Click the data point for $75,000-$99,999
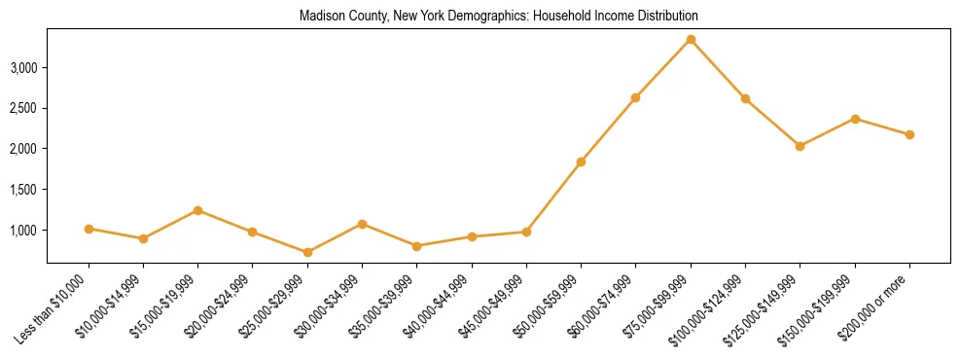coord(691,40)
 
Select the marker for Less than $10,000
coord(89,229)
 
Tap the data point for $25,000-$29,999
coord(307,252)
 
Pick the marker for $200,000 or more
coord(909,134)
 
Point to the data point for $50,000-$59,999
coord(581,162)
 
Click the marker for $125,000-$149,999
coord(800,146)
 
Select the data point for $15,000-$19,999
coord(197,210)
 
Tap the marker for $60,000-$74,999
coord(635,97)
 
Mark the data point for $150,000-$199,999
coord(855,119)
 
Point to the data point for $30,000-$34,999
coord(362,224)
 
